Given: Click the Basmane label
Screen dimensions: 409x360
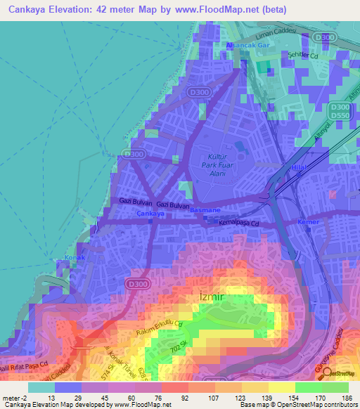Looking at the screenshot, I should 205,210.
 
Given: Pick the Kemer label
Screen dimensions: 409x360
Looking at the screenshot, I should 308,221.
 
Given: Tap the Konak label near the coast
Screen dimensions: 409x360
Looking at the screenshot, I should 75,257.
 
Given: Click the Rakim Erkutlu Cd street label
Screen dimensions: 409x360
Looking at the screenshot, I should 158,329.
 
